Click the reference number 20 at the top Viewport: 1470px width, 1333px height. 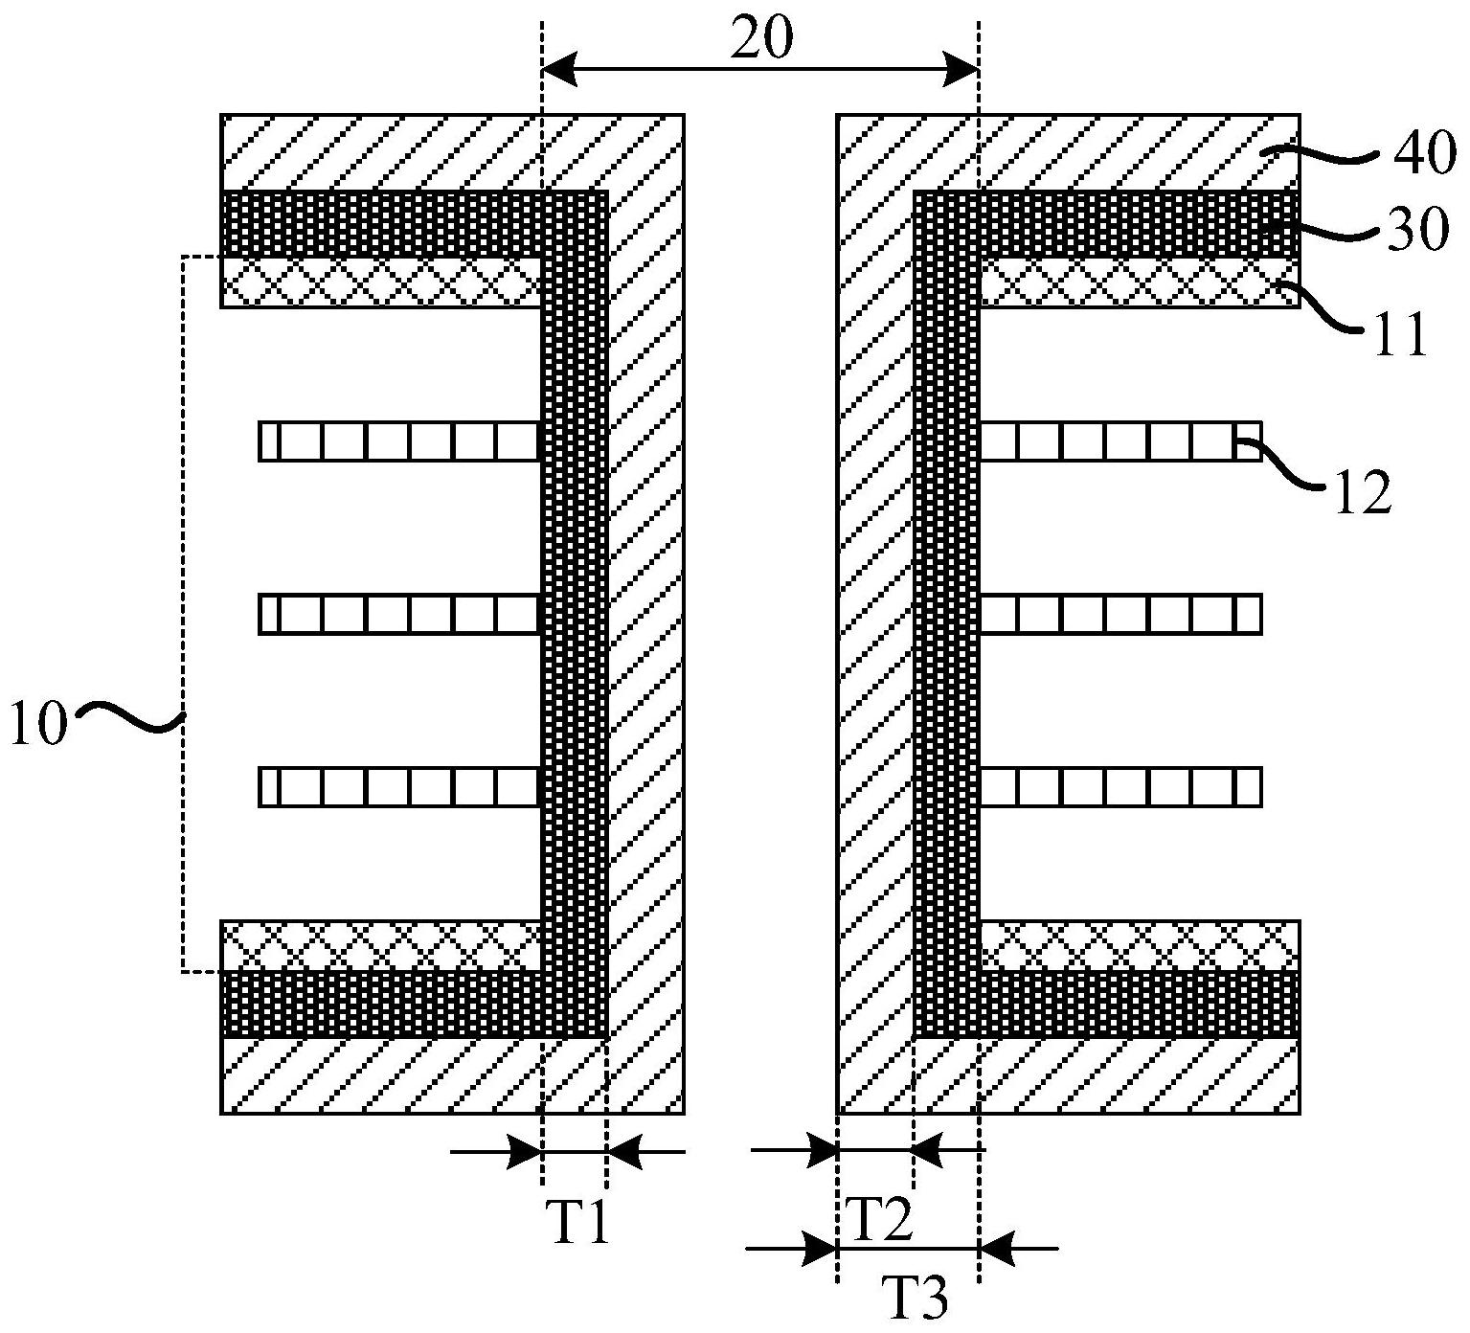tap(762, 41)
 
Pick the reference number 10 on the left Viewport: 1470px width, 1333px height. tap(39, 724)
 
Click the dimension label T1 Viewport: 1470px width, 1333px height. tap(578, 1224)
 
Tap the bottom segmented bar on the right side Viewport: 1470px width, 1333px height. tap(1120, 786)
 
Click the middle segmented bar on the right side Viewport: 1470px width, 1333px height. tap(1120, 614)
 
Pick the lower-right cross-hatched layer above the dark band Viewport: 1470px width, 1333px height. tap(1140, 946)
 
